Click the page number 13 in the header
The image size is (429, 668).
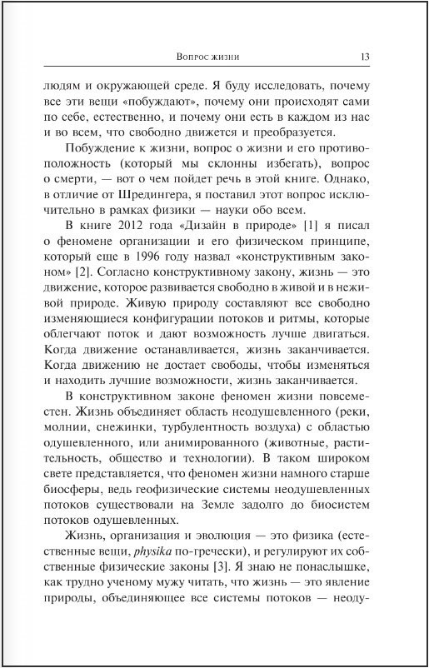364,57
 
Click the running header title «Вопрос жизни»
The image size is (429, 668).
209,57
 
